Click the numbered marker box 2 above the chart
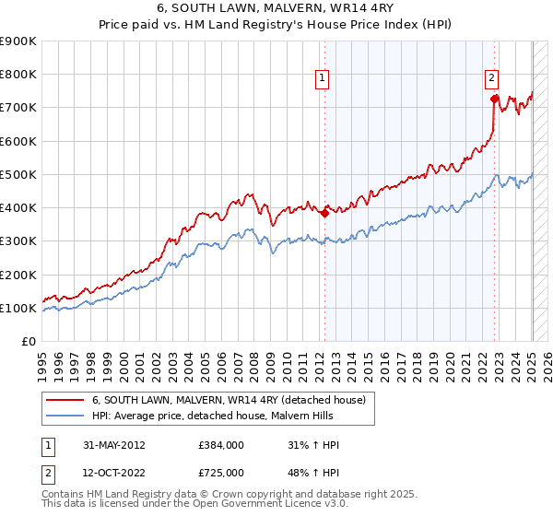492,79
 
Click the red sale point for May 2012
324,214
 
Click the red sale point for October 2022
495,99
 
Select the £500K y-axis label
19,175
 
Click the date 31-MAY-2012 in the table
113,445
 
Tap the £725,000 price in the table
221,474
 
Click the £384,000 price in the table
221,445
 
